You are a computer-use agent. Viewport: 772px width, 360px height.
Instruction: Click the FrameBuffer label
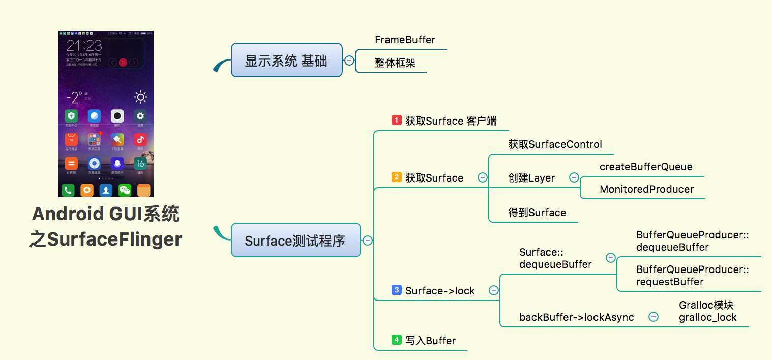(x=405, y=40)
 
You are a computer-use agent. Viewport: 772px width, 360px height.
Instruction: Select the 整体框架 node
(x=395, y=63)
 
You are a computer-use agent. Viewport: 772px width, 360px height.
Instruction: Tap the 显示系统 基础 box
(x=286, y=61)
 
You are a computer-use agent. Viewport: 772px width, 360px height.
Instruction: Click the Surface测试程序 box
(x=295, y=241)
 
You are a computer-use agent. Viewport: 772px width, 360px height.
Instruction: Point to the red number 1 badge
(x=397, y=121)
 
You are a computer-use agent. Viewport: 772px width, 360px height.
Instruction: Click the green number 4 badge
(x=397, y=340)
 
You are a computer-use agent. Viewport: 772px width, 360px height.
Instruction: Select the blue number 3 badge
(x=397, y=290)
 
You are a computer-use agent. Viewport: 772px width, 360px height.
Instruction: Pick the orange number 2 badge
(x=397, y=177)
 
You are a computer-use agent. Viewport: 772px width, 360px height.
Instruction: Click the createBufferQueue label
(x=646, y=167)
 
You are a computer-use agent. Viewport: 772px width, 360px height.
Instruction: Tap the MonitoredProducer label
(x=646, y=189)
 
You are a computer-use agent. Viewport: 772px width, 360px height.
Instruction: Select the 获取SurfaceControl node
(x=555, y=144)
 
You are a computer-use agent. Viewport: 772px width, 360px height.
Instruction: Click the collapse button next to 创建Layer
(x=574, y=177)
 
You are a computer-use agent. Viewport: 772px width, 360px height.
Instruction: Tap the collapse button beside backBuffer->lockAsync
(x=654, y=317)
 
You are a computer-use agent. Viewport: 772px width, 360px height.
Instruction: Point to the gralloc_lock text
(x=707, y=317)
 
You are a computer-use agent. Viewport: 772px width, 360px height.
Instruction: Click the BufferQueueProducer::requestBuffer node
(x=692, y=276)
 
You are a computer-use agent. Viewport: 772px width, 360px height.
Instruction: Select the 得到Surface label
(x=537, y=213)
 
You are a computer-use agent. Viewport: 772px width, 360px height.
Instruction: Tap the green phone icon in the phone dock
(x=68, y=190)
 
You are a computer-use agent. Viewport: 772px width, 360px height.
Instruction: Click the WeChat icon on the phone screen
(x=125, y=190)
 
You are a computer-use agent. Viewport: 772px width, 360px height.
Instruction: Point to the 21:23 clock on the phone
(x=84, y=45)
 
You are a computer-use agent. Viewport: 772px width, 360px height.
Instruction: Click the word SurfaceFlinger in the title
(x=114, y=238)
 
